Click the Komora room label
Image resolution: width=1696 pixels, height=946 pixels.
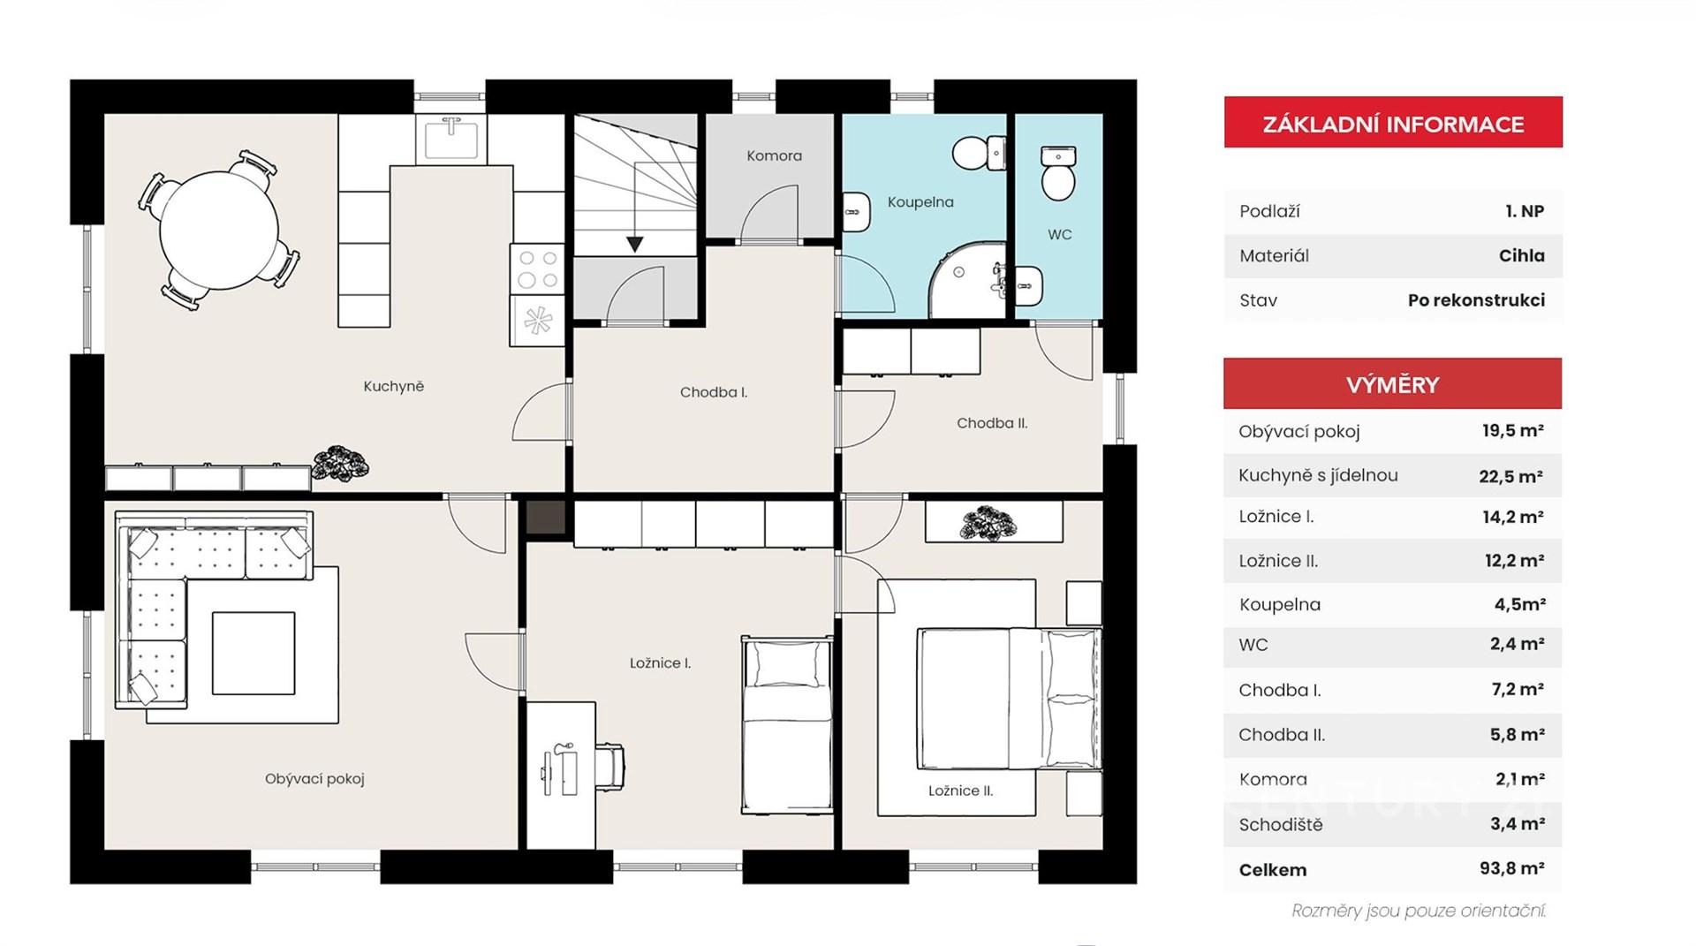pyautogui.click(x=774, y=155)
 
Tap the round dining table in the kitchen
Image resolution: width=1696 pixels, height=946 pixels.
pyautogui.click(x=219, y=231)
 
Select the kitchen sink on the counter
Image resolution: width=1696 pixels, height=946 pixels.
pyautogui.click(x=451, y=139)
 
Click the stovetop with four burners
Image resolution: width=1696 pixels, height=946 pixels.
pyautogui.click(x=538, y=269)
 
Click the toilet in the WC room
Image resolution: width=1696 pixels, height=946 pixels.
pyautogui.click(x=1058, y=172)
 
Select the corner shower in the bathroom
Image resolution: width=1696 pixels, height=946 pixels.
pyautogui.click(x=967, y=280)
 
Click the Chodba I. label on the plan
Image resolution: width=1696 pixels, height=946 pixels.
pyautogui.click(x=714, y=392)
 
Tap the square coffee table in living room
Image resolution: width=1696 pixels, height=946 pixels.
pyautogui.click(x=254, y=654)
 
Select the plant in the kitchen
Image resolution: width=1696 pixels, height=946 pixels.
pyautogui.click(x=340, y=463)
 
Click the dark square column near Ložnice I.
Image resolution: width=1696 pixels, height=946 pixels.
pyautogui.click(x=546, y=518)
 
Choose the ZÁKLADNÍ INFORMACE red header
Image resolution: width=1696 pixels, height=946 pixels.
pyautogui.click(x=1393, y=123)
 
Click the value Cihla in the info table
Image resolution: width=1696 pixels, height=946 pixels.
pyautogui.click(x=1521, y=256)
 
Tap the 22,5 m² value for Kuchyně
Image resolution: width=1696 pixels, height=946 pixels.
pyautogui.click(x=1510, y=476)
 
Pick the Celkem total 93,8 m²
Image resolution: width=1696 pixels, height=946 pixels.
pyautogui.click(x=1511, y=869)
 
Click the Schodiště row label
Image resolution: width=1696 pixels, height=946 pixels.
pyautogui.click(x=1281, y=825)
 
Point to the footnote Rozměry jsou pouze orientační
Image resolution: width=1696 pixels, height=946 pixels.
pyautogui.click(x=1419, y=911)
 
